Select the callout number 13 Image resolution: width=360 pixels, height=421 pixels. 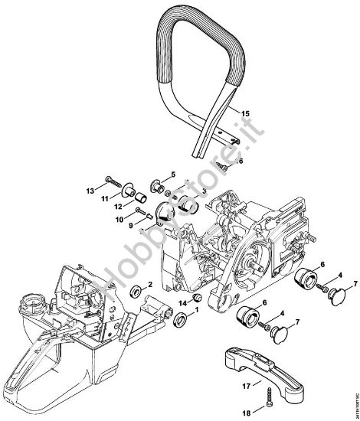click(110, 189)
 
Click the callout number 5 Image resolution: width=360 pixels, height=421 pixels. click(173, 174)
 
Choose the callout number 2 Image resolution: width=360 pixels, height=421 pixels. click(150, 285)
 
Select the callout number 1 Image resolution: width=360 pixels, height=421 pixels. click(195, 312)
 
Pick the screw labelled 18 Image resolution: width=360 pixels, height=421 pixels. click(270, 402)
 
